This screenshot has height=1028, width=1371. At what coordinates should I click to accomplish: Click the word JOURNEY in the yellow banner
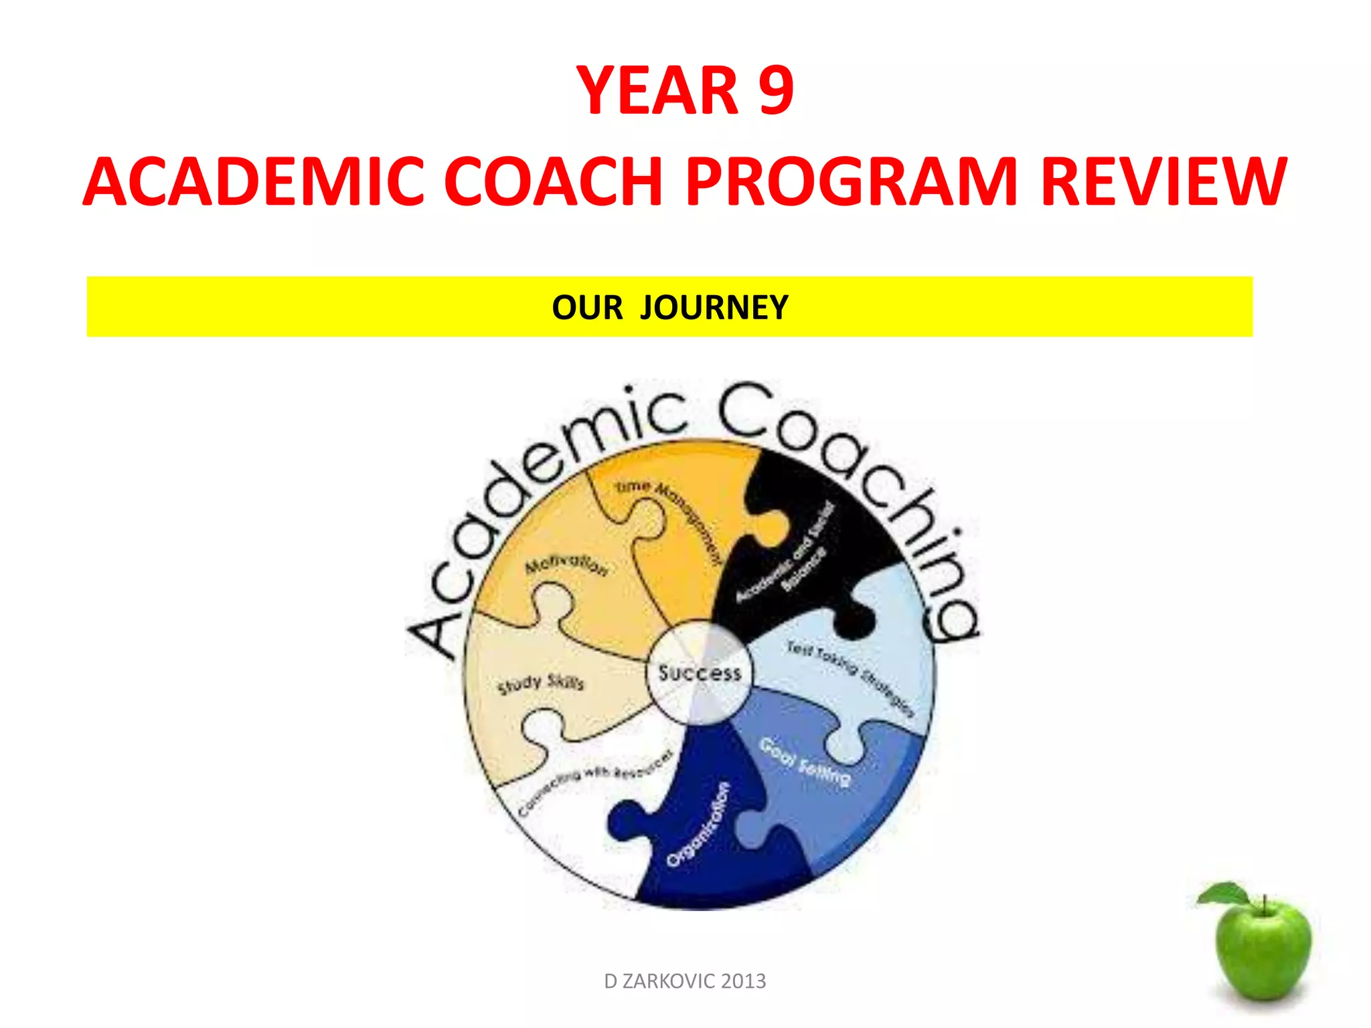pyautogui.click(x=714, y=308)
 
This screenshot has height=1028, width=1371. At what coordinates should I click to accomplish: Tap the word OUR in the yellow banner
pyautogui.click(x=587, y=308)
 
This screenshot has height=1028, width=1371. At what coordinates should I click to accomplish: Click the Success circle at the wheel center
pyautogui.click(x=700, y=673)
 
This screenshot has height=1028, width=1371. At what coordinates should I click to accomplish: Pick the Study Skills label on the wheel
pyautogui.click(x=541, y=683)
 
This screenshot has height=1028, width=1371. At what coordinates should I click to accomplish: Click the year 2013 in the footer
pyautogui.click(x=744, y=981)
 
